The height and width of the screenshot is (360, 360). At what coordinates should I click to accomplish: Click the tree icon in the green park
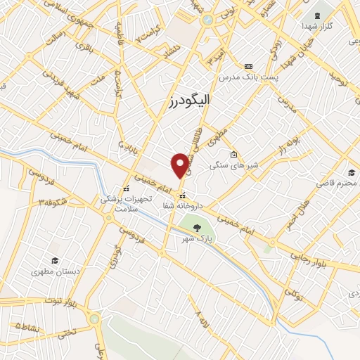pos(196,226)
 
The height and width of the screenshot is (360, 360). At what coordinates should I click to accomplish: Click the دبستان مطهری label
pos(54,270)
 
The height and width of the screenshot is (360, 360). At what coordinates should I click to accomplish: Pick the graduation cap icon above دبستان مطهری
pos(53,259)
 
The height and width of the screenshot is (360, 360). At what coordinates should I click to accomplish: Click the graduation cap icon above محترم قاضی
pos(350,172)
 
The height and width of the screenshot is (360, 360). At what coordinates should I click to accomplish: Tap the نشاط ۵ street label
pos(27,328)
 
